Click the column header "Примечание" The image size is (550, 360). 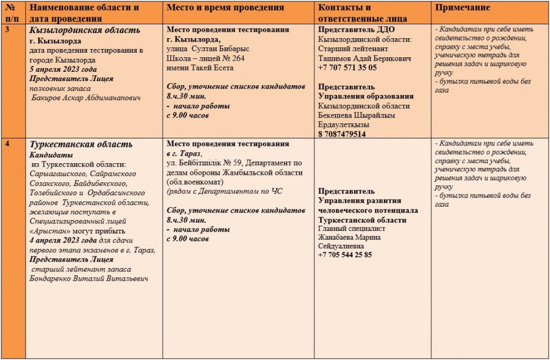tap(463, 8)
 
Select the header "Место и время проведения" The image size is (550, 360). tap(225, 8)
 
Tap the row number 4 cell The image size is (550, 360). tap(6, 144)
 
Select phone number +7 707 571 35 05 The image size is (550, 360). tap(347, 67)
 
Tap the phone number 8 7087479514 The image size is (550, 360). tap(342, 134)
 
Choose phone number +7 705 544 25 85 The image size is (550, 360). tap(345, 255)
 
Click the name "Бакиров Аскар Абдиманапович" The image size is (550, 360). tap(85, 98)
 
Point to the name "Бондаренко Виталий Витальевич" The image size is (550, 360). tap(89, 278)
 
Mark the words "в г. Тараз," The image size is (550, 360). tap(184, 153)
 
